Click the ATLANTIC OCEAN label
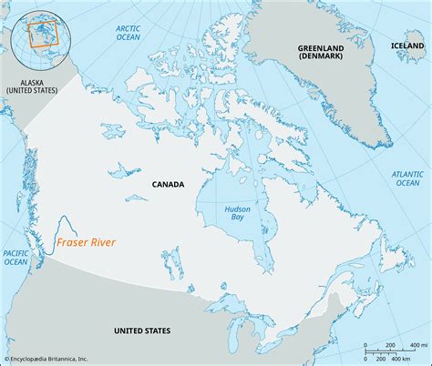click(x=406, y=177)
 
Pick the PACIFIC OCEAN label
click(x=15, y=257)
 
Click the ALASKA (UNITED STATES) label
click(x=31, y=86)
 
